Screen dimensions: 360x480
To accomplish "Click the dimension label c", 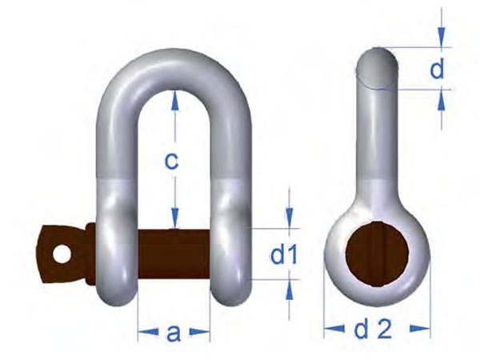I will pyautogui.click(x=170, y=161).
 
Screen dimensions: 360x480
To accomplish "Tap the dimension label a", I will pyautogui.click(x=174, y=333).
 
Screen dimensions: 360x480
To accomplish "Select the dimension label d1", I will pyautogui.click(x=283, y=256).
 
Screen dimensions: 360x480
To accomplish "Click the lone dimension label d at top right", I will pyautogui.click(x=437, y=70).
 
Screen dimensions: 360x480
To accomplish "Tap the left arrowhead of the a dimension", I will pyautogui.click(x=142, y=329).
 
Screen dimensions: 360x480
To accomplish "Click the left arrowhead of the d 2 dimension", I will pyautogui.click(x=329, y=327).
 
